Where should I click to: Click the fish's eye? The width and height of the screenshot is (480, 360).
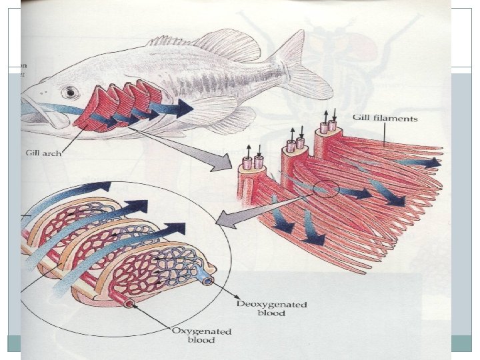(x=67, y=92)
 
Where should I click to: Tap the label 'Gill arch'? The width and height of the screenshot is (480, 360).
(x=43, y=153)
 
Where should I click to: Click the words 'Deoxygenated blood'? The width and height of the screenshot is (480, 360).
(x=272, y=309)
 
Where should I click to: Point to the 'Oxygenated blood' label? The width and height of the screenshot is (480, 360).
(x=202, y=335)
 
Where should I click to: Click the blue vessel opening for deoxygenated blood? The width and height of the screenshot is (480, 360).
(x=207, y=281)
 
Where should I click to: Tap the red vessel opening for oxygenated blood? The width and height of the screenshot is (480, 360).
(x=129, y=304)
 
